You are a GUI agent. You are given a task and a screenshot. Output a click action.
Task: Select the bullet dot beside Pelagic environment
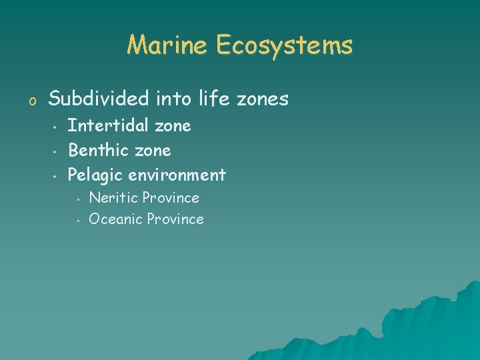tap(53, 176)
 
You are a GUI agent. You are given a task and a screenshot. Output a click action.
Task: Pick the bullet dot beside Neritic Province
tap(78, 199)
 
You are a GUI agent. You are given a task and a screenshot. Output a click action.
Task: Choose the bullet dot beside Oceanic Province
tap(78, 219)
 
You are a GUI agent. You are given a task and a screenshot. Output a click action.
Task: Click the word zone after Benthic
tap(153, 150)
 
